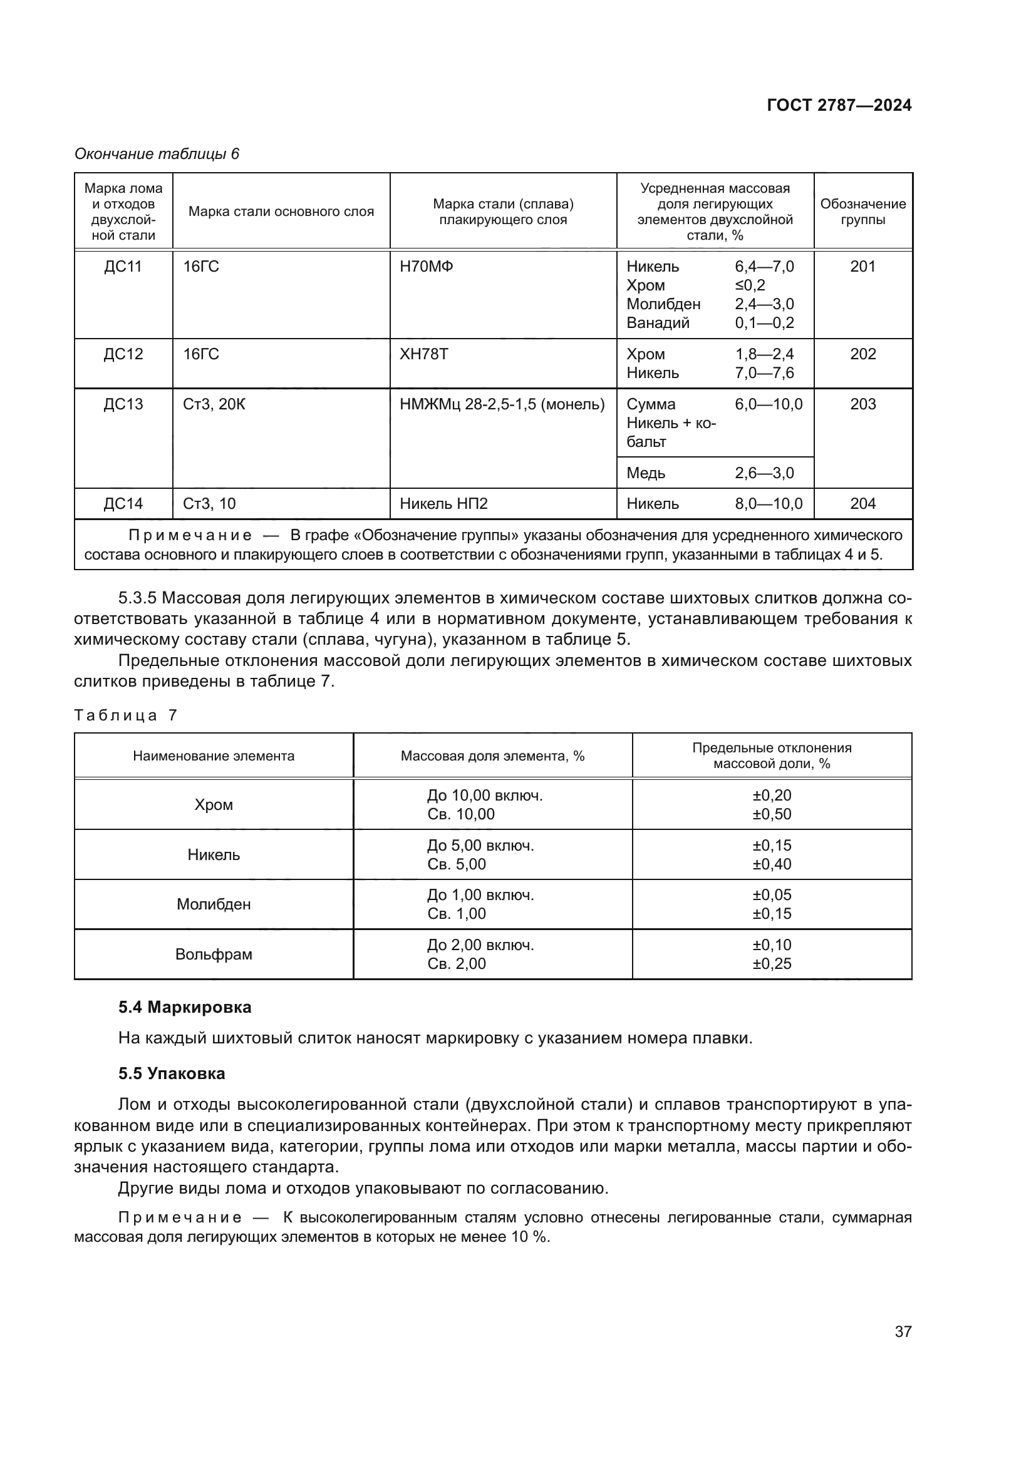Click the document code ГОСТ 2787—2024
[x=839, y=105]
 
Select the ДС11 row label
[x=123, y=267]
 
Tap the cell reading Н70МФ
[x=426, y=267]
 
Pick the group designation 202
[x=862, y=354]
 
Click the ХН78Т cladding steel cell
[x=423, y=354]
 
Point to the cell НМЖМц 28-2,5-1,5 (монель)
[x=502, y=404]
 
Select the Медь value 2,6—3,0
[x=764, y=473]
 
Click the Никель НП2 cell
[x=443, y=504]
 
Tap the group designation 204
[x=862, y=504]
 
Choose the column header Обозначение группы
[x=862, y=212]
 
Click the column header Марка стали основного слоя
[x=281, y=212]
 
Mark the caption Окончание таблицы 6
[x=157, y=154]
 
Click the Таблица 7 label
[x=125, y=715]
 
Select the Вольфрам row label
[x=214, y=955]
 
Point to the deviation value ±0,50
[x=772, y=814]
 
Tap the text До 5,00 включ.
[x=480, y=846]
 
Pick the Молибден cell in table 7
[x=214, y=904]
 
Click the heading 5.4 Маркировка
[x=184, y=1008]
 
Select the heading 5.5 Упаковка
[x=172, y=1074]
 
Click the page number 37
[x=903, y=1331]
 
